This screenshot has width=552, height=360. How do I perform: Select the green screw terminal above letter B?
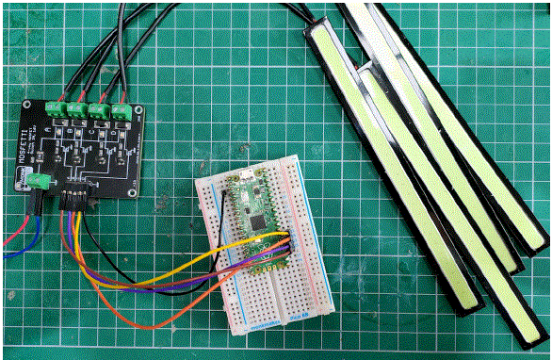(77, 108)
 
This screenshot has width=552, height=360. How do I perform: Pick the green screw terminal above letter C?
(100, 108)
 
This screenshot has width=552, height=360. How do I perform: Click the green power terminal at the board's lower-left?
(37, 182)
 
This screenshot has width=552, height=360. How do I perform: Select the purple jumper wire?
(141, 280)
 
